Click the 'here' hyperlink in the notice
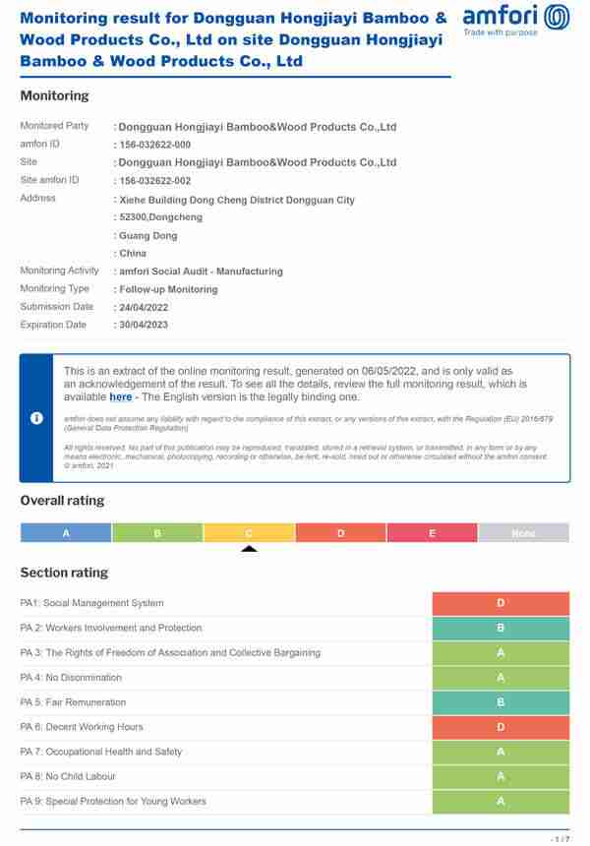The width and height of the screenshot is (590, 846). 120,397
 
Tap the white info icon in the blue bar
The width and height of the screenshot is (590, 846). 36,418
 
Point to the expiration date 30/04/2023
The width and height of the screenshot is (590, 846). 144,325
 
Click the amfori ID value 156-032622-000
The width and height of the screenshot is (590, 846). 155,145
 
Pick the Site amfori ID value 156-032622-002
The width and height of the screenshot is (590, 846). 155,181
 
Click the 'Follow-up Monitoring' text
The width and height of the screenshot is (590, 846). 168,289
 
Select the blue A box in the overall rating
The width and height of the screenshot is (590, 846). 66,533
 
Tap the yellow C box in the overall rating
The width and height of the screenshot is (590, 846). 249,533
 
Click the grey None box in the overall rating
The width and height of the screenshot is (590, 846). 523,533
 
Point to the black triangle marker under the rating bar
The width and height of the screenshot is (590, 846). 249,548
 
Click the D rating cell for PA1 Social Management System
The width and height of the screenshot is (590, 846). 501,603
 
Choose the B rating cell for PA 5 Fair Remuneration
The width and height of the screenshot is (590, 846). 501,702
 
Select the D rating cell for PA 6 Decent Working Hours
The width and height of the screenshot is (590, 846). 501,727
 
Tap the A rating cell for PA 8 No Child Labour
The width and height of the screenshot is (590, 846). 501,776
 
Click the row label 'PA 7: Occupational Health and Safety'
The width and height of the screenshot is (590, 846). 101,752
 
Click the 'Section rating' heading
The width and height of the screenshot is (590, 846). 64,573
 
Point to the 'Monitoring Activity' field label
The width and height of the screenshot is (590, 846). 60,271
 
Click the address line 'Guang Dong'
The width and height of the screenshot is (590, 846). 148,236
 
